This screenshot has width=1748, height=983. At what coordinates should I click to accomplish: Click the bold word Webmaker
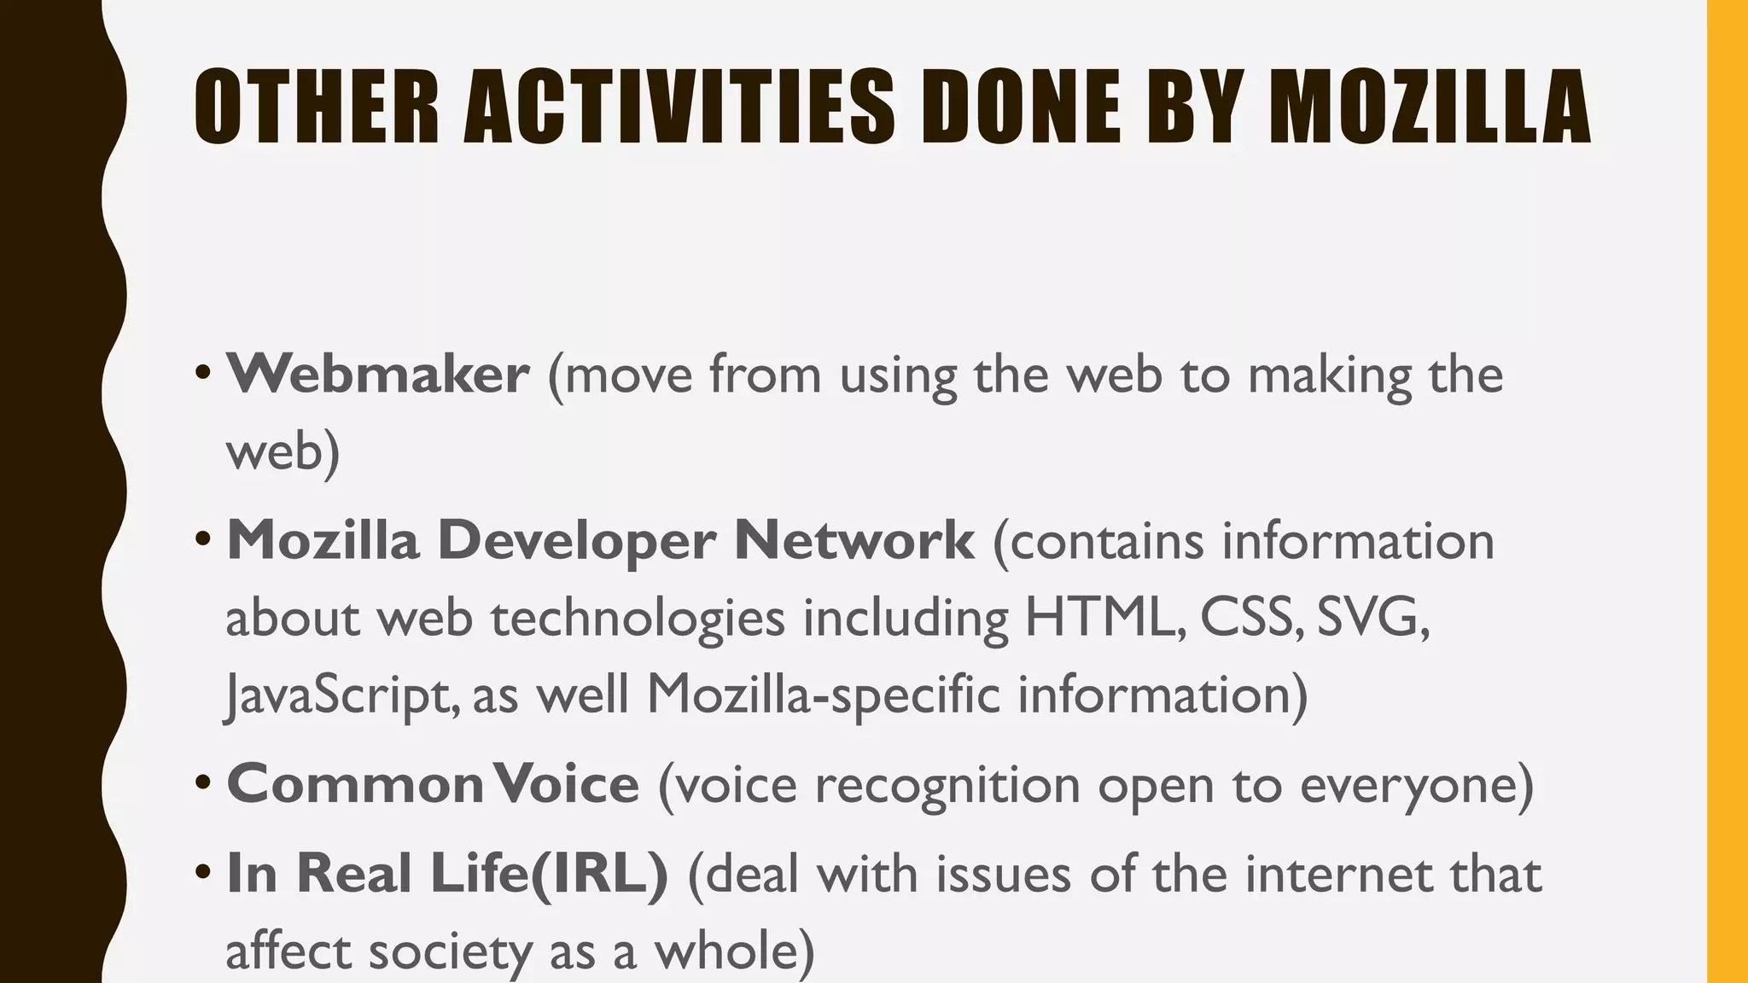[x=377, y=375]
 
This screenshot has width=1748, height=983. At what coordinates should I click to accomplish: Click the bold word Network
[x=854, y=541]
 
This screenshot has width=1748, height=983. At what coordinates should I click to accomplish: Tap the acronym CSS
[x=1250, y=617]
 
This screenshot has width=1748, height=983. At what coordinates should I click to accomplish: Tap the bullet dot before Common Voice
[x=202, y=782]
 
